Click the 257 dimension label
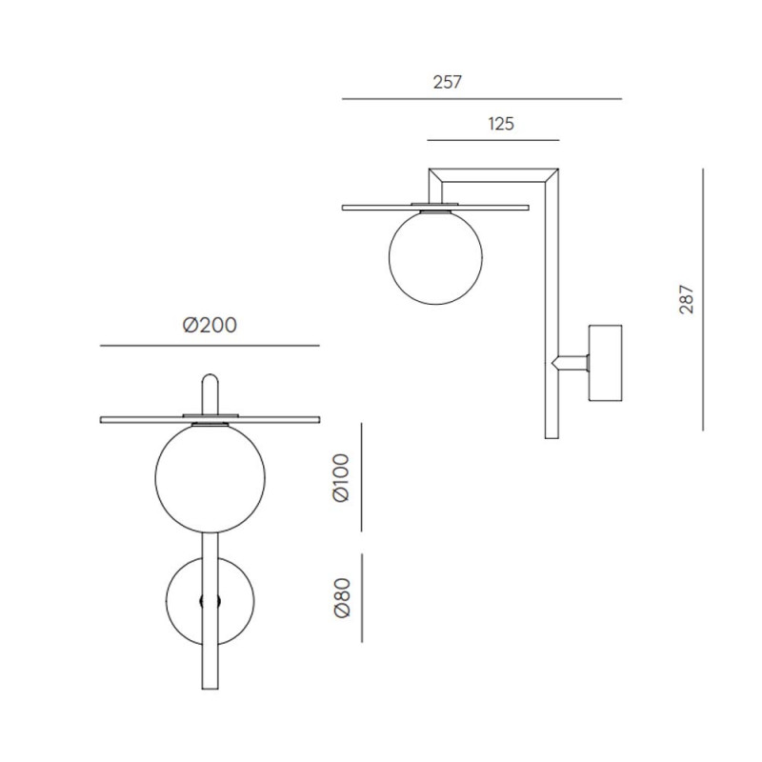click(x=447, y=82)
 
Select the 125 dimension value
click(x=502, y=124)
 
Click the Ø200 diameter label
click(x=210, y=326)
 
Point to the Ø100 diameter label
click(x=343, y=478)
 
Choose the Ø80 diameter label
click(x=343, y=600)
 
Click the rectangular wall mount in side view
click(x=605, y=362)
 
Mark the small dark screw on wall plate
click(x=211, y=600)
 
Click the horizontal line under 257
click(x=481, y=98)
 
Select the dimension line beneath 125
click(x=494, y=139)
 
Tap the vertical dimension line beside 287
click(x=702, y=300)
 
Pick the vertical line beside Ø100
click(x=362, y=478)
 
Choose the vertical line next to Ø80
click(x=362, y=600)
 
